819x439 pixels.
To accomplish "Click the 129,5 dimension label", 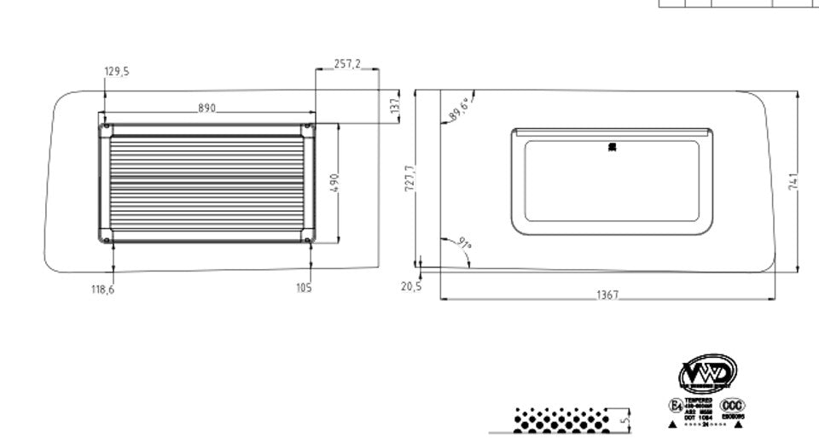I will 117,72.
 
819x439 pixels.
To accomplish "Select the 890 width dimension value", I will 206,108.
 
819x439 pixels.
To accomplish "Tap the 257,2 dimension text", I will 346,64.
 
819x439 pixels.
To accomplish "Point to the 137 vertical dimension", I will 394,105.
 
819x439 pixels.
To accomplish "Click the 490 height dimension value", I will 334,183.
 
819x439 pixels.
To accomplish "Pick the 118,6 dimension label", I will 103,290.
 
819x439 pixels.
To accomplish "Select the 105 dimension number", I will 304,288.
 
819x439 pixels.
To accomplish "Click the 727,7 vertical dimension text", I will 409,179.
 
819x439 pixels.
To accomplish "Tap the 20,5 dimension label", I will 411,287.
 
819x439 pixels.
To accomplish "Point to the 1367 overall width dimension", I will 607,295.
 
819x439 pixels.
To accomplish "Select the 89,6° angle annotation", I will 458,109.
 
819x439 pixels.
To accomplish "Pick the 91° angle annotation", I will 463,244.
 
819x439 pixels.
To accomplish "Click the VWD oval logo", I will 707,374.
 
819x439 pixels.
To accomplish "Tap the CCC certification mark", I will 733,405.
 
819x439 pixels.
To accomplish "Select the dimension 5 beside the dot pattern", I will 624,419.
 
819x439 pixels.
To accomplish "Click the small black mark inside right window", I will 612,148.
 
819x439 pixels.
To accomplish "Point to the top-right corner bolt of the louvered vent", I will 307,128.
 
